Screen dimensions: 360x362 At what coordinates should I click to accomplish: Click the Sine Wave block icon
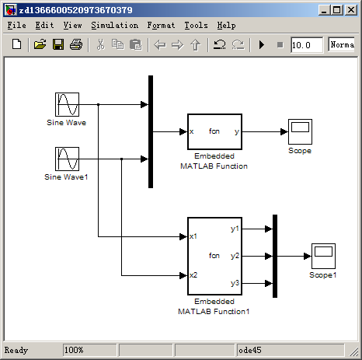tap(67, 104)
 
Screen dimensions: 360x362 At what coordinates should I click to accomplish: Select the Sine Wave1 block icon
tap(67, 160)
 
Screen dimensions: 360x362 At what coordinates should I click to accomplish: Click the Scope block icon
tap(299, 131)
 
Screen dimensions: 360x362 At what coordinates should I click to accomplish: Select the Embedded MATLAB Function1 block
tap(214, 255)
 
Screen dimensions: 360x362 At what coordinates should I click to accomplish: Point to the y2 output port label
tap(235, 255)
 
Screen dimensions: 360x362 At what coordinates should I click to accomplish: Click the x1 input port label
tap(194, 236)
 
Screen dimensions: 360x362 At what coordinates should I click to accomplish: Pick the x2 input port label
tap(194, 274)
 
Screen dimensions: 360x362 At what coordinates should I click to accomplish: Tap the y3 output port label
tap(235, 282)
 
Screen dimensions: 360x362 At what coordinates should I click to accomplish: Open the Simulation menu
tap(114, 25)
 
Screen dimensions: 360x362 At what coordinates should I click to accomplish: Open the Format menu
tap(160, 25)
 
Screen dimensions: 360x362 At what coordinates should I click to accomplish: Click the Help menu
tap(226, 25)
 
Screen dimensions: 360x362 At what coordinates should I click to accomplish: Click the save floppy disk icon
tap(58, 45)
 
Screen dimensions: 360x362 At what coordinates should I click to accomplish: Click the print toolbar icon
tap(75, 45)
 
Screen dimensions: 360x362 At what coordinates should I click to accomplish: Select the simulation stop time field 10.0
tap(306, 45)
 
